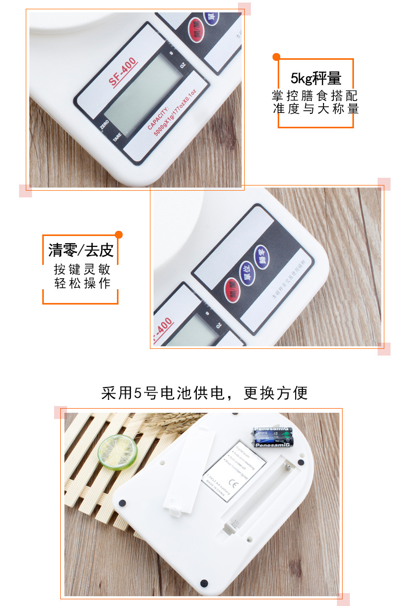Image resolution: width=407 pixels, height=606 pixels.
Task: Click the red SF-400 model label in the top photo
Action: pyautogui.click(x=123, y=73)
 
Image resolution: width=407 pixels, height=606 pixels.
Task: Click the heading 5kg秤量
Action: pyautogui.click(x=316, y=79)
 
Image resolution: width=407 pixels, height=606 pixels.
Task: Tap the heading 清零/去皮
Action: pyautogui.click(x=81, y=250)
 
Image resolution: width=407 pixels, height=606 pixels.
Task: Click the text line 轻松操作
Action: pyautogui.click(x=82, y=283)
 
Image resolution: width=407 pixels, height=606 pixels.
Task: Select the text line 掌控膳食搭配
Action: pyautogui.click(x=315, y=96)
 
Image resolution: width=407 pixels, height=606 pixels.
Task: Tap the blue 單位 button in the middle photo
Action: pyautogui.click(x=261, y=254)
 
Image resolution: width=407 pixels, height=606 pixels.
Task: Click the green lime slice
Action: pyautogui.click(x=117, y=452)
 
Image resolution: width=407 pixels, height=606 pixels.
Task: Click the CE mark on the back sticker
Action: pyautogui.click(x=234, y=485)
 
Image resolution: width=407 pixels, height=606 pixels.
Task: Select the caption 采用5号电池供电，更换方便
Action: pyautogui.click(x=204, y=393)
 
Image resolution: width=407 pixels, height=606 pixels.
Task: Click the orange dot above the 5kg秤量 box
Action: pyautogui.click(x=276, y=57)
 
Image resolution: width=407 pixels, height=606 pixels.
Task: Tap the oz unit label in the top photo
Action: pyautogui.click(x=182, y=66)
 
